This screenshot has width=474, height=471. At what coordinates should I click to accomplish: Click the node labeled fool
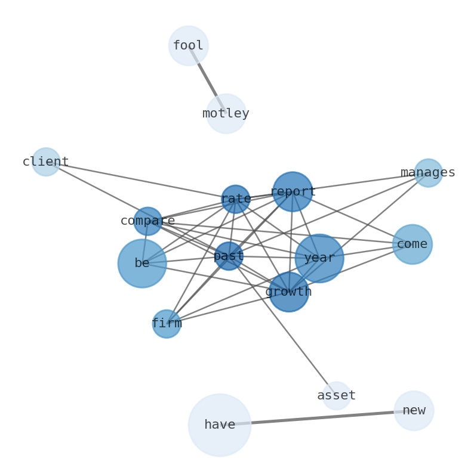(188, 45)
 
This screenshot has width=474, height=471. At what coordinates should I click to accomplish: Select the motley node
(226, 113)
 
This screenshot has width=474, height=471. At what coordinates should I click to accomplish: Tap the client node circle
(46, 162)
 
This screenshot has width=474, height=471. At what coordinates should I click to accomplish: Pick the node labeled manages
(428, 173)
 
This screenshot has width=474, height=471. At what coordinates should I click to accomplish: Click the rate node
(236, 199)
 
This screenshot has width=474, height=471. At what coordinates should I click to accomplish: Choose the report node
(293, 191)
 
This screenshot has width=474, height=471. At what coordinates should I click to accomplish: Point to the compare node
(147, 221)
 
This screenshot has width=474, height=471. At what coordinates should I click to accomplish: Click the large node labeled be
(142, 263)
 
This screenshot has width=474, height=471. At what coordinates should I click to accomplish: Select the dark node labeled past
(229, 256)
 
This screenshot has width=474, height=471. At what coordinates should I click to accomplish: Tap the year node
(319, 258)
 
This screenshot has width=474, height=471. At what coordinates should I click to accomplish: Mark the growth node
(289, 292)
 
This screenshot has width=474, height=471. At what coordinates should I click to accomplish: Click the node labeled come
(412, 244)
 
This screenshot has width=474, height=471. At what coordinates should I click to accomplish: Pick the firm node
(167, 324)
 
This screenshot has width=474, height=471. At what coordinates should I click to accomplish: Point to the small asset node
(337, 395)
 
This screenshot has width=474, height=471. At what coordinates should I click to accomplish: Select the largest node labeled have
(220, 424)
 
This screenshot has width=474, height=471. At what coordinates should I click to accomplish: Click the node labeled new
(414, 410)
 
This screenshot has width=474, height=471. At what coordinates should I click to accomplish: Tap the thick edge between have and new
(316, 418)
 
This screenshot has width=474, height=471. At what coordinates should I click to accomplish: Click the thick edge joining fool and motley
(207, 79)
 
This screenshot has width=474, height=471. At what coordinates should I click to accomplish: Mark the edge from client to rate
(141, 181)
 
